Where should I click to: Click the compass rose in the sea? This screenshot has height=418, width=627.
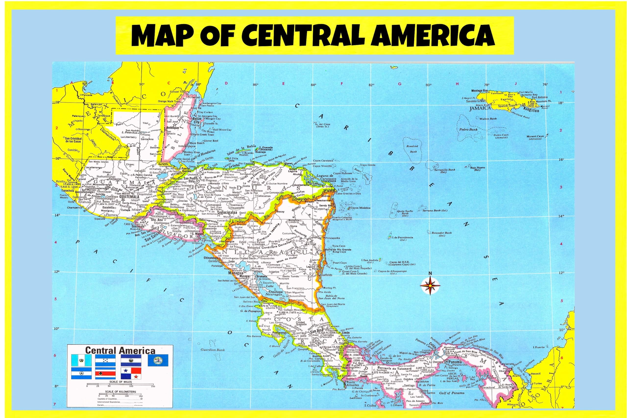(x=430, y=286)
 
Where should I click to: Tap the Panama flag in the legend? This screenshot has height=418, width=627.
(x=131, y=373)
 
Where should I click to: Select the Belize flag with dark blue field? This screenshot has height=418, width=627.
(x=158, y=360)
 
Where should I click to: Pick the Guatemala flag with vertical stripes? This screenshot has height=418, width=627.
(x=81, y=360)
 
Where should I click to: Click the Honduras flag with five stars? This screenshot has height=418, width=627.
(x=105, y=360)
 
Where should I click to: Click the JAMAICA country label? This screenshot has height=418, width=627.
(x=480, y=108)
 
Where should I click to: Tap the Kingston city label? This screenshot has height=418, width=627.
(x=531, y=110)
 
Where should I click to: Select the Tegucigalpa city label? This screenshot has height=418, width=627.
(x=227, y=213)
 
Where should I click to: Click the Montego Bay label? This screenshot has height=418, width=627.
(x=479, y=91)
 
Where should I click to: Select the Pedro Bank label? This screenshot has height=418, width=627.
(x=468, y=130)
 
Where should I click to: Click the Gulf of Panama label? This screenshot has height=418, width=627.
(x=452, y=393)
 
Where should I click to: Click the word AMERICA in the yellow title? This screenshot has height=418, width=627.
(x=429, y=36)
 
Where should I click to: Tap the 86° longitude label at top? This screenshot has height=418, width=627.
(x=255, y=85)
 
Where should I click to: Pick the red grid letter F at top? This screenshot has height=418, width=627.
(x=342, y=84)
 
